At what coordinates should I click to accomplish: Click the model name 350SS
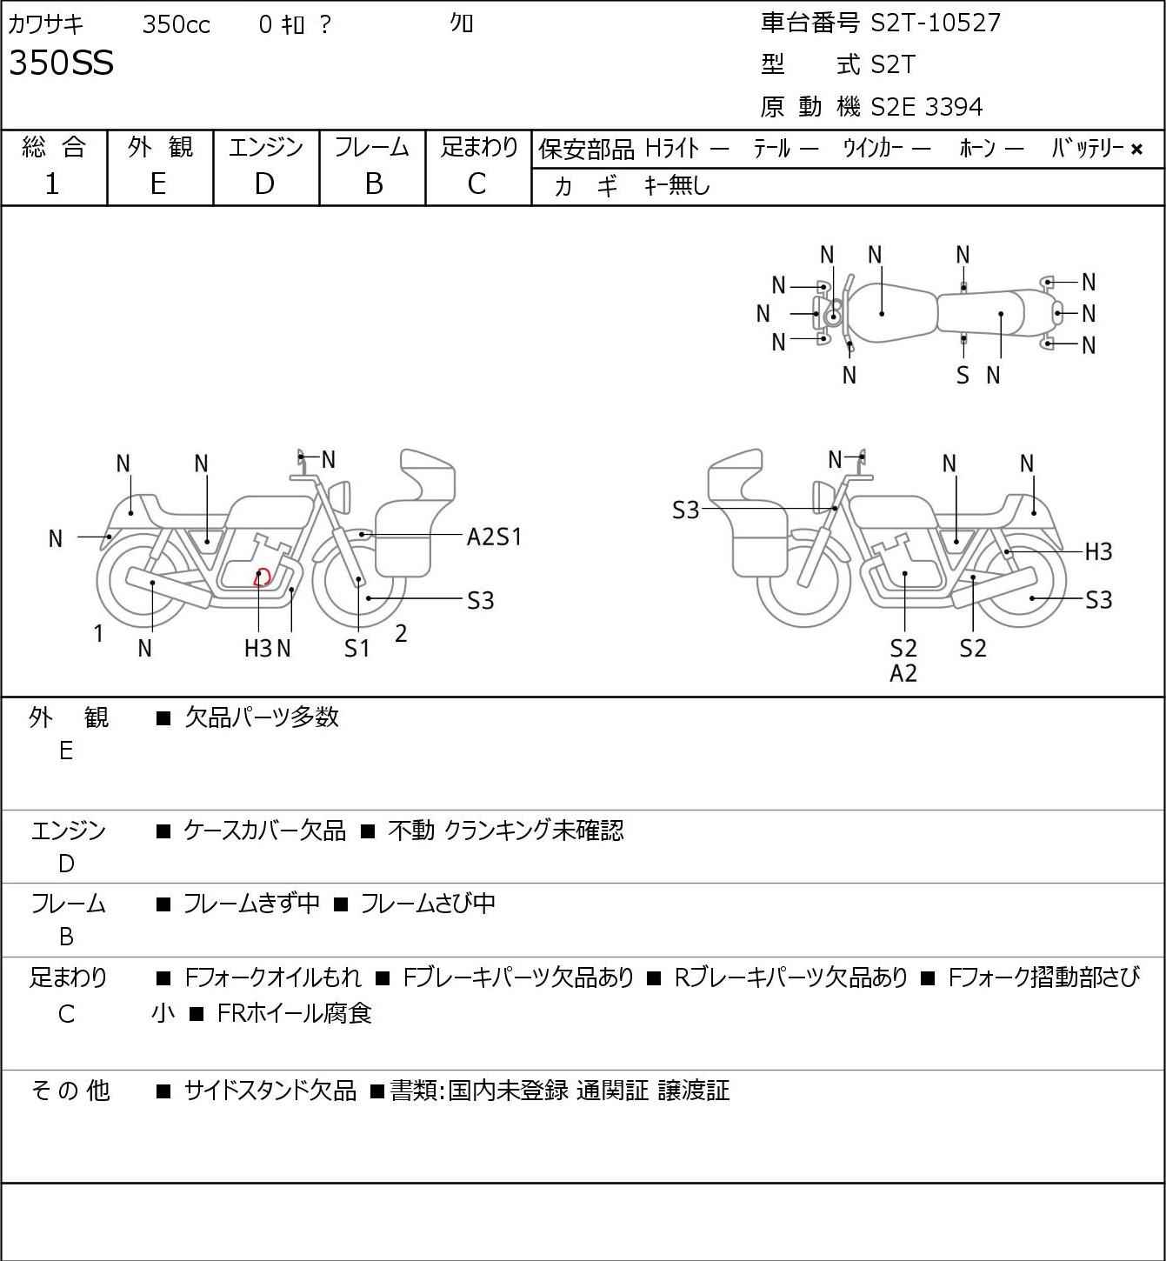pyautogui.click(x=61, y=63)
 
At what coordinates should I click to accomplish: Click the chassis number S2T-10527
pyautogui.click(x=936, y=23)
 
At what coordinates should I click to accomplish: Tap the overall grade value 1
pyautogui.click(x=52, y=183)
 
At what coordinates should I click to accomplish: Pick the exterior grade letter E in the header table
pyautogui.click(x=157, y=183)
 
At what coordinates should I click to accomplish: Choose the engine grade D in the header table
pyautogui.click(x=264, y=183)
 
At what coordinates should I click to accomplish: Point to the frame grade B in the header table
pyautogui.click(x=373, y=183)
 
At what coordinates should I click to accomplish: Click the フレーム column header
pyautogui.click(x=372, y=148)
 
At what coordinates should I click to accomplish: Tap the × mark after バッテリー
pyautogui.click(x=1136, y=150)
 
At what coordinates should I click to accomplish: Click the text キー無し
pyautogui.click(x=677, y=185)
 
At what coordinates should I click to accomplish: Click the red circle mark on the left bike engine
pyautogui.click(x=262, y=577)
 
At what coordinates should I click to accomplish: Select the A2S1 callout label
pyautogui.click(x=494, y=537)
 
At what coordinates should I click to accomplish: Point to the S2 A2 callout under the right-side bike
pyautogui.click(x=904, y=660)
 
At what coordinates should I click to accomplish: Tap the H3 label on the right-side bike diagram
pyautogui.click(x=1098, y=551)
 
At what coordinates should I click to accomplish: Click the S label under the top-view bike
pyautogui.click(x=963, y=375)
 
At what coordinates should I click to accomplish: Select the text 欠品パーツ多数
pyautogui.click(x=262, y=717)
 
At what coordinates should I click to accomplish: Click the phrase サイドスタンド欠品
pyautogui.click(x=270, y=1091)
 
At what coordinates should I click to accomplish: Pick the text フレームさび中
pyautogui.click(x=428, y=904)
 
